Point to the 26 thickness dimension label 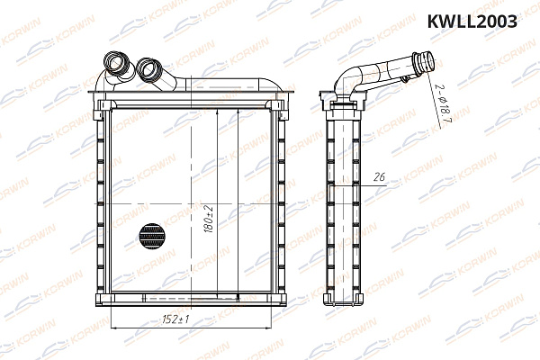tap(379, 178)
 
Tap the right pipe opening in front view tap(148, 68)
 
